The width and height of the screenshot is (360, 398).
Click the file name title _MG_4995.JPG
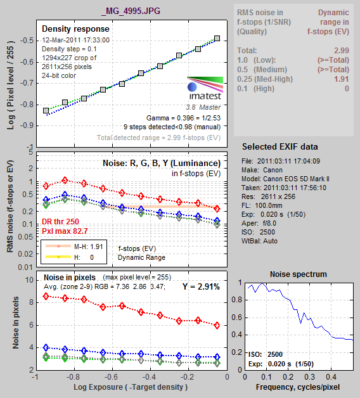[131, 11]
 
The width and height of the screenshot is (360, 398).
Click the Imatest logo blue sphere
[192, 87]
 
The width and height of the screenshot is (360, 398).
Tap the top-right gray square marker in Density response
[217, 38]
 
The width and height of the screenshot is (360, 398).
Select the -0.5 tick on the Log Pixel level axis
[27, 41]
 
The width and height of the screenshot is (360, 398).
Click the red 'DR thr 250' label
[60, 222]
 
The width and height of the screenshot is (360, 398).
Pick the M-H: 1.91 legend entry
[74, 246]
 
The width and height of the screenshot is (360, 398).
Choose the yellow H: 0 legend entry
[70, 257]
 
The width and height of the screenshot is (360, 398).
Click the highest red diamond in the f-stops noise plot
[65, 181]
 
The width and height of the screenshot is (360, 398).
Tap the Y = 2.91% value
[201, 287]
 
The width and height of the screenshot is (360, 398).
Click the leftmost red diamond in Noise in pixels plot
[46, 296]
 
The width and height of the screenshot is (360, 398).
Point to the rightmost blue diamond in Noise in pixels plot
[217, 357]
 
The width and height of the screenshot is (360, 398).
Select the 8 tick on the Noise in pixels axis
[31, 302]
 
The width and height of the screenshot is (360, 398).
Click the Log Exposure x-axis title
[131, 387]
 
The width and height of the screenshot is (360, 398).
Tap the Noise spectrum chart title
[299, 274]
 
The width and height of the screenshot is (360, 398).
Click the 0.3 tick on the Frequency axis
[309, 377]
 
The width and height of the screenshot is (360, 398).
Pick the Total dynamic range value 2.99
[342, 51]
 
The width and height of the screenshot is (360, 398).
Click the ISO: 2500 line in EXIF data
[258, 232]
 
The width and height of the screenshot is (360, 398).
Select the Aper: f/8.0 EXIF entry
[259, 223]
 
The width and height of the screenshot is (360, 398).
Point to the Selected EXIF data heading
[280, 146]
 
